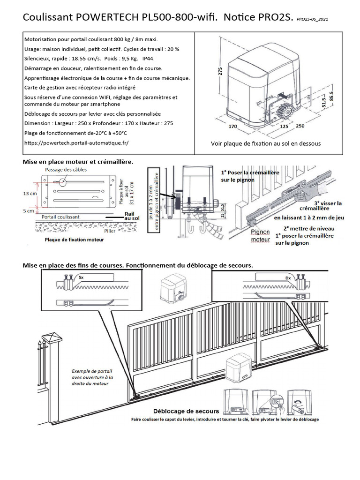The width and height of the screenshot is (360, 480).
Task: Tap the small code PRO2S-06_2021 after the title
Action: tap(317, 20)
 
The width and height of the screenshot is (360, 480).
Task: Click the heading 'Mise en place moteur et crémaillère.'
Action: tap(78, 161)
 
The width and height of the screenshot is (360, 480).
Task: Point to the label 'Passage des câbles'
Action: tap(66, 169)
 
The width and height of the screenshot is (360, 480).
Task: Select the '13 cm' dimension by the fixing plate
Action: tap(31, 193)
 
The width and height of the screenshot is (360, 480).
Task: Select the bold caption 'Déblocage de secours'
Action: tap(180, 411)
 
